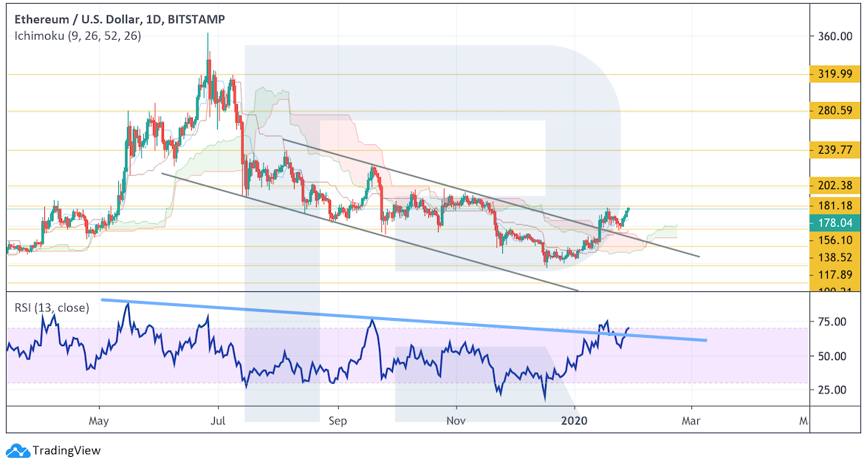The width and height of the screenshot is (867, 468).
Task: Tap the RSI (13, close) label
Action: click(x=52, y=308)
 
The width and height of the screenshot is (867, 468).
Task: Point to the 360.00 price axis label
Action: click(x=835, y=37)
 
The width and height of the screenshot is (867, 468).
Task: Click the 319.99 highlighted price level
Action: click(x=835, y=74)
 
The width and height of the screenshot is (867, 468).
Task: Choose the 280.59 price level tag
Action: click(x=835, y=112)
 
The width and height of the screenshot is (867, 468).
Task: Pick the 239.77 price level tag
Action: click(x=835, y=150)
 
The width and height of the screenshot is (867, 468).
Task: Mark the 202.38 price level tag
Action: click(x=835, y=186)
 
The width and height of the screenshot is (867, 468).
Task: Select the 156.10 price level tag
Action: click(x=835, y=240)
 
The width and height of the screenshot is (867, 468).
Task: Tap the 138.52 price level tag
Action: click(x=835, y=257)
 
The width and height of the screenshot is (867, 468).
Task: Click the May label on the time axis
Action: click(x=98, y=421)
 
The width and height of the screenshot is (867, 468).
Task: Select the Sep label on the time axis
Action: click(x=337, y=421)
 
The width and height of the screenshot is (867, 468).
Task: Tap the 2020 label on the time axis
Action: click(x=575, y=421)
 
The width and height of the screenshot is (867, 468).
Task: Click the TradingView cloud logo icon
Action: click(x=18, y=450)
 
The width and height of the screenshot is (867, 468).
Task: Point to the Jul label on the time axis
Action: click(x=218, y=421)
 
